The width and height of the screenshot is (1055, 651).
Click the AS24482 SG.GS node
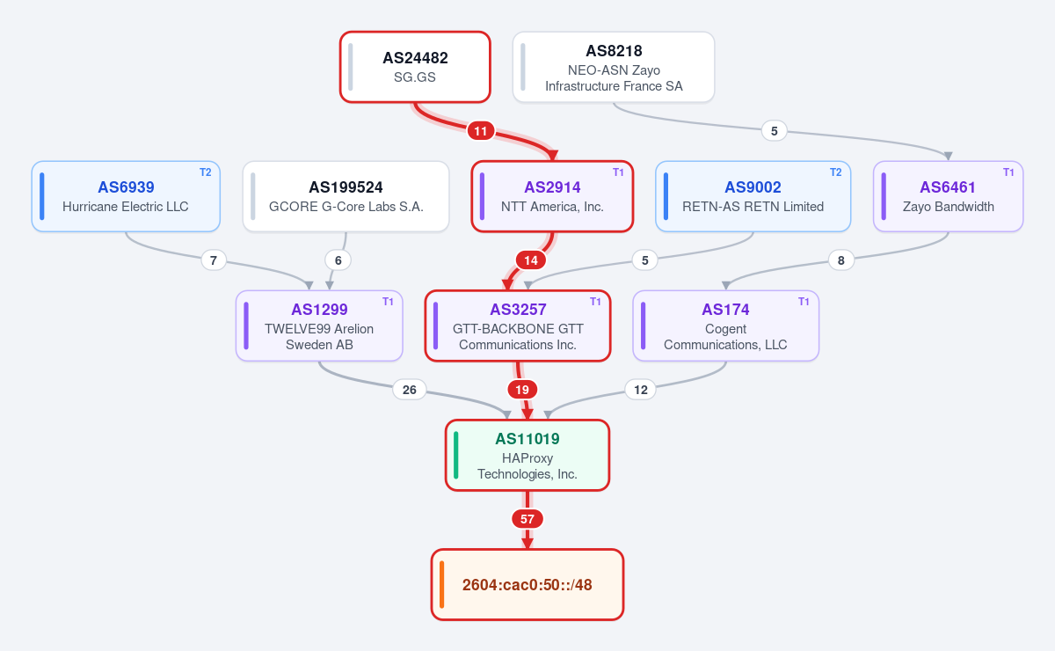coord(415,67)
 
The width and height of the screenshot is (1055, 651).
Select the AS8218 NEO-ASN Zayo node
coord(614,67)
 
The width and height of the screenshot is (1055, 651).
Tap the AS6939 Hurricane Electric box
coord(126,196)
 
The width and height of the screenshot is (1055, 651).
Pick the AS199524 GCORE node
coord(346,196)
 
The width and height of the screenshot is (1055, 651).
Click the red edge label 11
coord(480,131)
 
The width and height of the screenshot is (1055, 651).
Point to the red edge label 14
coord(531,260)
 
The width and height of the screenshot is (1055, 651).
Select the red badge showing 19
coord(522,390)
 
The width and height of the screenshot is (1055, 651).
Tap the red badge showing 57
coord(527,519)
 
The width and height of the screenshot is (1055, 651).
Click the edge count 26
coord(410,390)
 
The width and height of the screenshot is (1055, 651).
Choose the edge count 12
coord(641,390)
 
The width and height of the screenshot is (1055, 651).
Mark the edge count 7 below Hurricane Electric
coord(214,260)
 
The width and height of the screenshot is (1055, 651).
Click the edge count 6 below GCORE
coord(338,260)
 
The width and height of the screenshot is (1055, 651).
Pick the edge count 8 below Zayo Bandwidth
coord(840,260)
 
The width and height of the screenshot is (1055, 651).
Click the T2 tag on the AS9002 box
coord(835,172)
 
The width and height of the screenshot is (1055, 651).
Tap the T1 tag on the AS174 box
coord(804,302)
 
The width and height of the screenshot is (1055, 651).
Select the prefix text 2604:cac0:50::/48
coord(527,584)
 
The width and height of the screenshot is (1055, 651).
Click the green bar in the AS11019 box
coord(456,455)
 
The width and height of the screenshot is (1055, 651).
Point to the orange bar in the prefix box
coord(441,584)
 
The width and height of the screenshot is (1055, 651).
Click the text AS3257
coord(518,310)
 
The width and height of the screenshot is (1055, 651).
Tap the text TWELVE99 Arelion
coord(319,328)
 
